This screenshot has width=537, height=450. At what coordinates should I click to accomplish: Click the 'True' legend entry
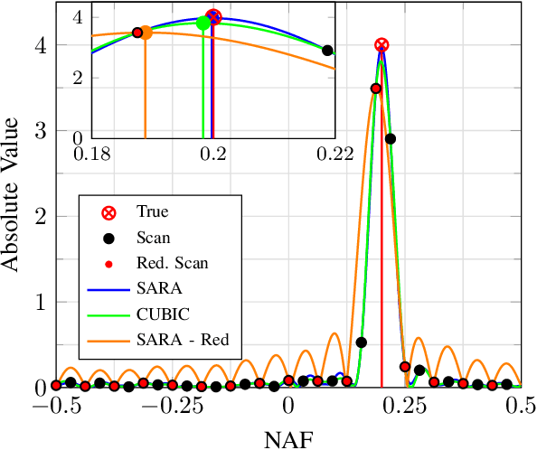click(152, 212)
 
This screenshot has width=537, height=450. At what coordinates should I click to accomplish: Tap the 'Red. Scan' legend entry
click(171, 264)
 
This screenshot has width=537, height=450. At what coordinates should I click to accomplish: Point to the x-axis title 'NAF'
click(287, 438)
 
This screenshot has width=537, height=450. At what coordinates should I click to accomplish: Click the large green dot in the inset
click(203, 23)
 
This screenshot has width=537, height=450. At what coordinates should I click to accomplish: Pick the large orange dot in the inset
click(145, 33)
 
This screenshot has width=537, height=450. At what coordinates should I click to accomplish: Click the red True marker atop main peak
click(382, 45)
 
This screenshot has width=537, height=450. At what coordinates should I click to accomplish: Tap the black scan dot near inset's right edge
click(327, 51)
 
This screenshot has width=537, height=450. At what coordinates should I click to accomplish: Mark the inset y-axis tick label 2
click(79, 77)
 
